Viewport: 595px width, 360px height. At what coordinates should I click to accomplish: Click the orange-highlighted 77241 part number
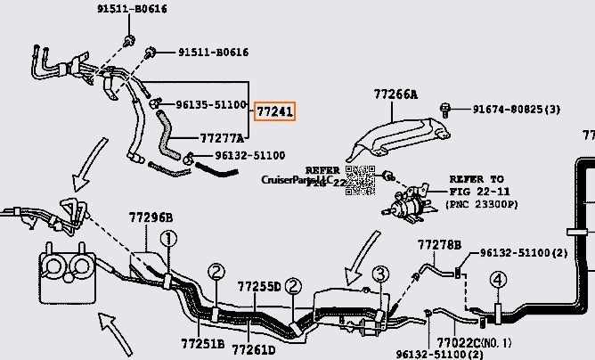[x=274, y=111]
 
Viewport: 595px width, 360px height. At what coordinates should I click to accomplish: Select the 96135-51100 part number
[x=210, y=104]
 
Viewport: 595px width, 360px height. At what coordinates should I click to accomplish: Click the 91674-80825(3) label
[x=517, y=110]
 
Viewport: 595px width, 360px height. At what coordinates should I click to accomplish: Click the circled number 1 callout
[x=169, y=238]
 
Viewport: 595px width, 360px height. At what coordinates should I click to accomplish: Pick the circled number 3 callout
[x=380, y=274]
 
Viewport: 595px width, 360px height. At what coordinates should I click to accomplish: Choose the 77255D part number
[x=258, y=287]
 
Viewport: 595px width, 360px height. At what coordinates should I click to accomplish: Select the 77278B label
[x=439, y=245]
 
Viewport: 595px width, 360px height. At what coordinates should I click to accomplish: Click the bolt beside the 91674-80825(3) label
[x=445, y=110]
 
